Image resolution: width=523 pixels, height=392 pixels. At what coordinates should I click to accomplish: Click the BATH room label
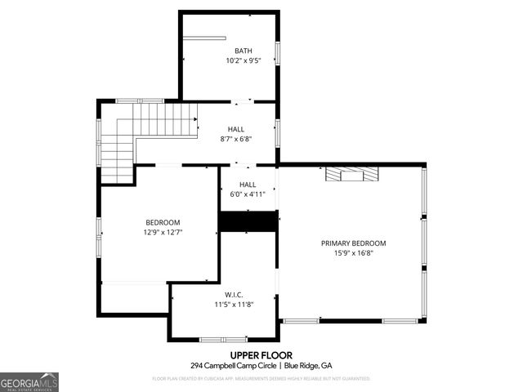click(x=244, y=50)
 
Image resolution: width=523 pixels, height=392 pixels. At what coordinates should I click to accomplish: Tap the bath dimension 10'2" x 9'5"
click(x=244, y=60)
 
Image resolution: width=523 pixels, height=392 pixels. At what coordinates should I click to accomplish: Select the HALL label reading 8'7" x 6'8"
click(x=235, y=128)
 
